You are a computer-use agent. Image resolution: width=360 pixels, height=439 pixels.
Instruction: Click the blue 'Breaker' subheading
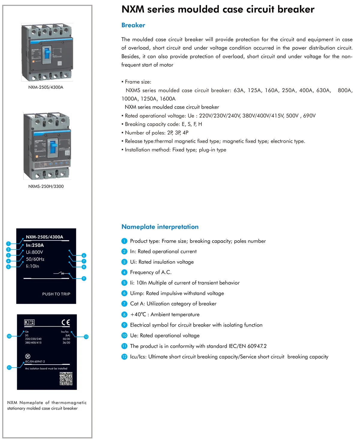coord(133,25)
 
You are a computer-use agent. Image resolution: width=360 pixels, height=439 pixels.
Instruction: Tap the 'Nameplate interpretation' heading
coord(160,227)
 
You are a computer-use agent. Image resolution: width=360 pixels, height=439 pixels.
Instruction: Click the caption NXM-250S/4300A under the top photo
coord(46,87)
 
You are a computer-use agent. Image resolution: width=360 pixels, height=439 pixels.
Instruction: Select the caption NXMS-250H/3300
coord(46,186)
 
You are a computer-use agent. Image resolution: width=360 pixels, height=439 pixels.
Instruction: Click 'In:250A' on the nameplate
coord(35,245)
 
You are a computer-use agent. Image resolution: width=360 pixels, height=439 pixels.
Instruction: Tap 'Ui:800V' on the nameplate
coord(34,252)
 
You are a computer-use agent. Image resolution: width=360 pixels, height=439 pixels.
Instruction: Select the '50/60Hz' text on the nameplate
coord(35,259)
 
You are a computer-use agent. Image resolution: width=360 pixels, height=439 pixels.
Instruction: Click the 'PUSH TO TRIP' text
coord(56,294)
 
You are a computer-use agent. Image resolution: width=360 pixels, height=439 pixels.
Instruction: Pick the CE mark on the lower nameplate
coord(66,322)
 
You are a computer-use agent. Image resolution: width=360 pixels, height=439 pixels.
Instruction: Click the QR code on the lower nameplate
coord(66,379)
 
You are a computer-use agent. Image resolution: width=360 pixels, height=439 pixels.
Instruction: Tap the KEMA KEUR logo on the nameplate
coord(29,322)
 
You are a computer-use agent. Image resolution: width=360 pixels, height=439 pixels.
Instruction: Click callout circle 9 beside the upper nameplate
coord(84,279)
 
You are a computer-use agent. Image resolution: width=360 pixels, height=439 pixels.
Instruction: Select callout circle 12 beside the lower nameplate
coord(86,337)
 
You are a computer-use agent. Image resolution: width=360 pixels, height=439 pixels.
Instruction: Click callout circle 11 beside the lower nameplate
coord(9,368)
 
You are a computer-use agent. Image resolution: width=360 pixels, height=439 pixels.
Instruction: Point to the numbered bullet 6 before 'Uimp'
coord(124,293)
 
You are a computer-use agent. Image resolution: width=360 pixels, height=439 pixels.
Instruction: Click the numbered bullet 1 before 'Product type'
coord(124,241)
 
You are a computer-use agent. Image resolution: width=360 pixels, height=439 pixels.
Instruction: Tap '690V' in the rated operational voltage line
coord(309,116)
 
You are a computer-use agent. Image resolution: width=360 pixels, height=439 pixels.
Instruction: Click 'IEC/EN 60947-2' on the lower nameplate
coord(35,362)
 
